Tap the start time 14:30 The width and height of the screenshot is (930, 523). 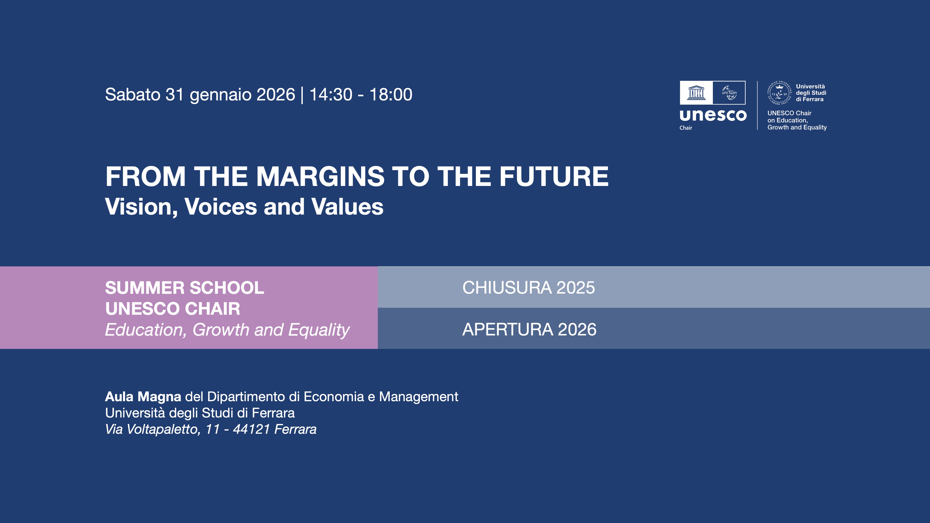[x=330, y=95]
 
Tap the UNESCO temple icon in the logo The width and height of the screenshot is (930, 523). [x=696, y=93]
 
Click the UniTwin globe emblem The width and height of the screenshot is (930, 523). [x=729, y=93]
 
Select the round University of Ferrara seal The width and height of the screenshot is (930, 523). [x=779, y=93]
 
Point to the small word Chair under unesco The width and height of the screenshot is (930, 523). [x=686, y=128]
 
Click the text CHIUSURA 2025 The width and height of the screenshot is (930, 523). [x=528, y=288]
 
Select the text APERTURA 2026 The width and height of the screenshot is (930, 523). [x=529, y=330]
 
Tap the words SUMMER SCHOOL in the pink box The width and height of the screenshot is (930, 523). [x=184, y=288]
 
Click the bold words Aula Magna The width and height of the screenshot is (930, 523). [x=143, y=397]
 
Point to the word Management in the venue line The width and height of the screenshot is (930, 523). [x=418, y=397]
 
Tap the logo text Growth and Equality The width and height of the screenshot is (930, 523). [x=797, y=127]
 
